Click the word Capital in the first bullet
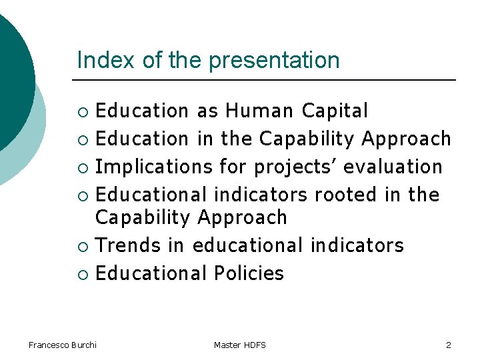(x=335, y=111)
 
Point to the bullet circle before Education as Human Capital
(x=83, y=111)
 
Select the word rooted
(x=346, y=195)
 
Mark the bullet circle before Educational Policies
(x=83, y=274)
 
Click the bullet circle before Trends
(x=83, y=246)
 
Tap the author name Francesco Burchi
(x=63, y=345)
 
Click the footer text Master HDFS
(x=240, y=345)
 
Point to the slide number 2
(x=449, y=345)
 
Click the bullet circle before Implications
(x=83, y=167)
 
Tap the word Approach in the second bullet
(x=407, y=139)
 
